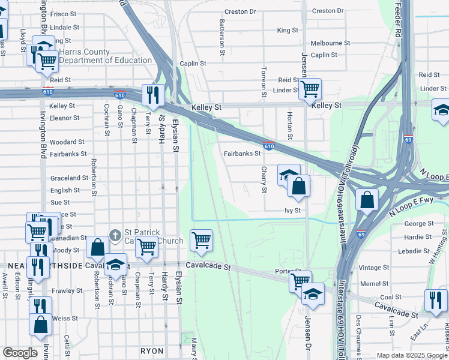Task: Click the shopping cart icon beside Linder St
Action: coord(310,89)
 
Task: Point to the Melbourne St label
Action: coord(330,43)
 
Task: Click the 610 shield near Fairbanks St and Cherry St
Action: coord(269,146)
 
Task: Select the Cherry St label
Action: coord(264,179)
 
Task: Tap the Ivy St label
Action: coord(292,211)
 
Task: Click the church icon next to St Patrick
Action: coord(115,233)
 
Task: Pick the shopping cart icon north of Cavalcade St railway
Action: coord(201,240)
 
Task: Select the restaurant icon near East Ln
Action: coord(436,300)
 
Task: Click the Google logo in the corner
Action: coord(20,353)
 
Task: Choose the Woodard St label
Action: coord(67,142)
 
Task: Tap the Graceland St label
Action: coord(69,178)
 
